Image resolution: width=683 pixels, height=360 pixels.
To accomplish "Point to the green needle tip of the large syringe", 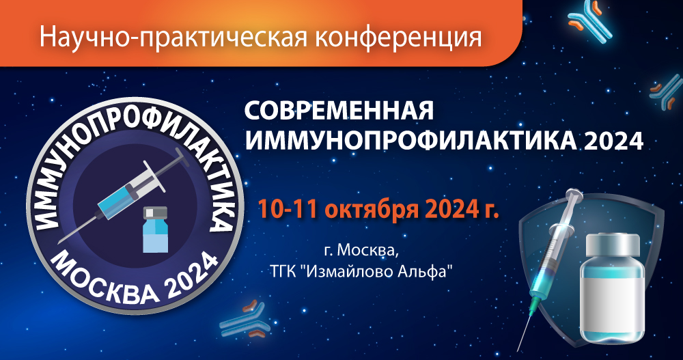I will tap(530, 321).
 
